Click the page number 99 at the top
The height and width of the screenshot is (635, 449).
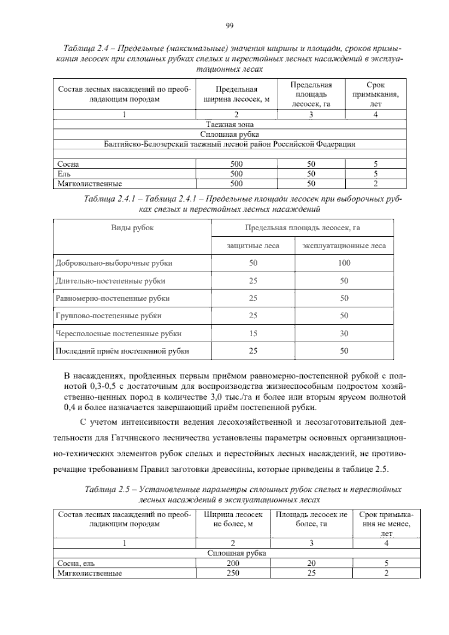[230, 25]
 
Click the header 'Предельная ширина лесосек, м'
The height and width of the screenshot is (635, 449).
[236, 94]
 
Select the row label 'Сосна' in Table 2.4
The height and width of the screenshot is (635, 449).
[68, 164]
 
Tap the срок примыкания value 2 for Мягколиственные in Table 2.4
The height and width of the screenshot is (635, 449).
[375, 183]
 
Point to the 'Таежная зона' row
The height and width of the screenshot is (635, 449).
[230, 124]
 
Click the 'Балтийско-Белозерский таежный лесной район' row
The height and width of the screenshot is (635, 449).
[230, 144]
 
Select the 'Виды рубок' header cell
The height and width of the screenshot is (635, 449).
[132, 228]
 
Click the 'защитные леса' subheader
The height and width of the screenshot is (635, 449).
[253, 246]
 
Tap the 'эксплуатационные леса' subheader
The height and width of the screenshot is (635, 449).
[344, 246]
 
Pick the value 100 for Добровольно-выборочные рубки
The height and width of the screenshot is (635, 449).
[344, 263]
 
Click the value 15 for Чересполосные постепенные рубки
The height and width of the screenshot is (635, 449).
[253, 333]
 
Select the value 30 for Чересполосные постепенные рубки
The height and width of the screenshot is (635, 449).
[344, 333]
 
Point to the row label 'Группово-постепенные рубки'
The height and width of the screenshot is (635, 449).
[109, 316]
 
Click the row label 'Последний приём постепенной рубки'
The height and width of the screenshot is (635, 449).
[122, 351]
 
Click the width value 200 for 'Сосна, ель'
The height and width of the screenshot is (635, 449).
[233, 563]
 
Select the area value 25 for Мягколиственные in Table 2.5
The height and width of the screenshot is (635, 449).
[311, 573]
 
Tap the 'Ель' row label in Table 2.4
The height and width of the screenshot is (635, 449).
[64, 174]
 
